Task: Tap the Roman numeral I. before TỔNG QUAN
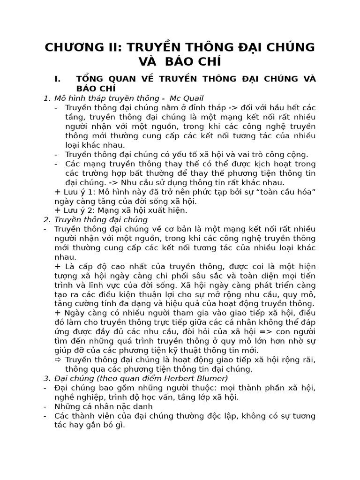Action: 58,79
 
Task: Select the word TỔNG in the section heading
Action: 90,79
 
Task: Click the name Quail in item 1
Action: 194,98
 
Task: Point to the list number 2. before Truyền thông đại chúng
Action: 46,219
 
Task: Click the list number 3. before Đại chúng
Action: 46,378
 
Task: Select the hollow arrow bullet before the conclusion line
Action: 58,360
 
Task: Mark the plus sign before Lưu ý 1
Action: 58,192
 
